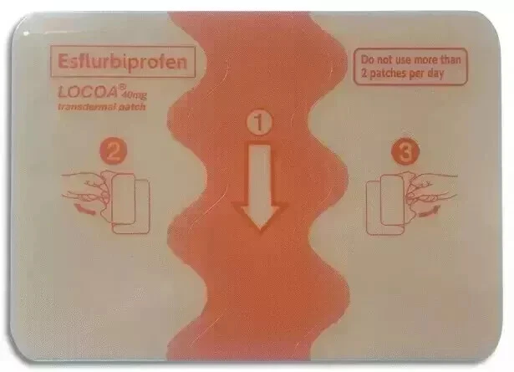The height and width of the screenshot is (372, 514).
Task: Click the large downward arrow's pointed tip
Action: [x=260, y=227]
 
